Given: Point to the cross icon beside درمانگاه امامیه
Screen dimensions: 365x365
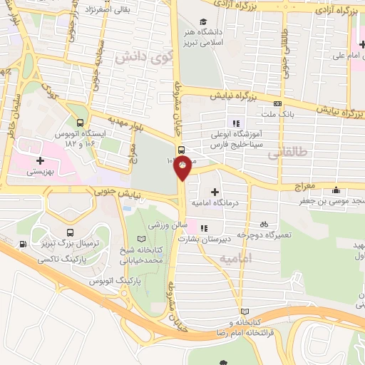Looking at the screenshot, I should coord(215,192).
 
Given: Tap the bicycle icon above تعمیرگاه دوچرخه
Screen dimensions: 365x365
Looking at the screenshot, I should coord(264,220).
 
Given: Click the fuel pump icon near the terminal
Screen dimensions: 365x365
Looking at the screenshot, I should coord(25,245).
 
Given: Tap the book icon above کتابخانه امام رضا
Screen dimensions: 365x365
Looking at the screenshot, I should coord(246,312).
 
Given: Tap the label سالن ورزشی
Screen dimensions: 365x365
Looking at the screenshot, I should coord(163,225).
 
